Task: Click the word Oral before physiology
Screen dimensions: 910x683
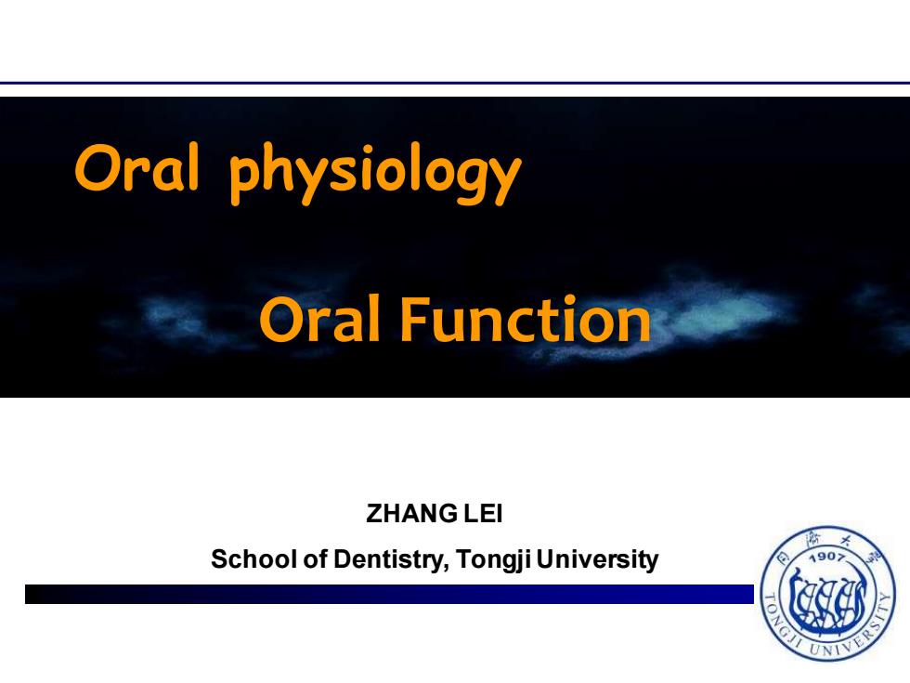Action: click(137, 167)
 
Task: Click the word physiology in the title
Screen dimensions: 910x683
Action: click(375, 173)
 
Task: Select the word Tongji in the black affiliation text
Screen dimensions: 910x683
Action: click(493, 559)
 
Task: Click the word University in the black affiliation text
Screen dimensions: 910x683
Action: click(597, 559)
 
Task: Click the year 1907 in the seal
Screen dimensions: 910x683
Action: click(827, 557)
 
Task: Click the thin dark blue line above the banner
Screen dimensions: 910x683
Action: click(455, 83)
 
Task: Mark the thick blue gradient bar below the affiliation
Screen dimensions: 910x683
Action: click(389, 594)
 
